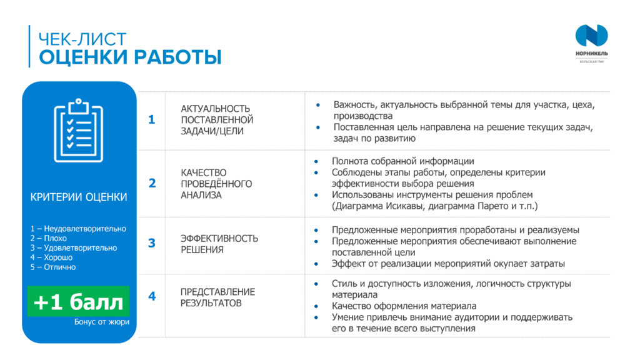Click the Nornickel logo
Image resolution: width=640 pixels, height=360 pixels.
pos(591,43)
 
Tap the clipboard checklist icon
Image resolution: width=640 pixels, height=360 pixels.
pos(78,130)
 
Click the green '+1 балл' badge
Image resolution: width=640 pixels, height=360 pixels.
pos(78,301)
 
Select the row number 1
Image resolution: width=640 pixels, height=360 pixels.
pos(151,119)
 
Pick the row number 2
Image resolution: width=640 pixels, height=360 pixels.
pos(152,183)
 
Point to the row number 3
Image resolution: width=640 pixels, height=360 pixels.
pos(152,243)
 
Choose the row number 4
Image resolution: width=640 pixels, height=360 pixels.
pos(152,296)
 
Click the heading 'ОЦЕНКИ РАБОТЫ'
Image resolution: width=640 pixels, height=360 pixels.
pos(130,57)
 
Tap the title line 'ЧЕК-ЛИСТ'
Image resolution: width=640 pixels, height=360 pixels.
pos(82,39)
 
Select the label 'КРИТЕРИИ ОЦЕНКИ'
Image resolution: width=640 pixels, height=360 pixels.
pos(79,197)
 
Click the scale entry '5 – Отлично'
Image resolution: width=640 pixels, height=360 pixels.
pos(53,267)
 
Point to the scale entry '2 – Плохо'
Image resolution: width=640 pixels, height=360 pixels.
pos(48,238)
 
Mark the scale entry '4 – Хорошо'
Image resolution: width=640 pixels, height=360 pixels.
pos(51,257)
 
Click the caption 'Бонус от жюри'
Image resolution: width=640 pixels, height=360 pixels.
pos(102,322)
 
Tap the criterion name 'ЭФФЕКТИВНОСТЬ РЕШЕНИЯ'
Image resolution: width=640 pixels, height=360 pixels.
pos(219,244)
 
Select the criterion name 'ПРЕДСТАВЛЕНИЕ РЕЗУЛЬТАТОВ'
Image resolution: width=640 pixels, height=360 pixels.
pos(217,297)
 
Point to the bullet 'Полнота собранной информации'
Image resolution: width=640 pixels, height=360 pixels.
pos(403,161)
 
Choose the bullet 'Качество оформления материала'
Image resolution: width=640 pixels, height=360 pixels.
pos(404,306)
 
